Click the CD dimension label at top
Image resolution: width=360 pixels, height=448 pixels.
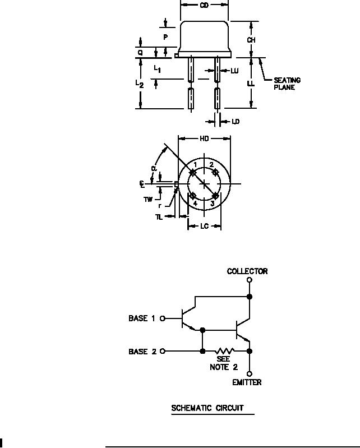(x=205, y=6)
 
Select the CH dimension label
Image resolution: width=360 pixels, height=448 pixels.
(x=252, y=40)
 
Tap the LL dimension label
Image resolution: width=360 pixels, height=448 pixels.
(x=252, y=83)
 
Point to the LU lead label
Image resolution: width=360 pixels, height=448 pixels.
(x=234, y=71)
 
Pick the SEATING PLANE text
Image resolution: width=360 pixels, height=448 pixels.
(x=287, y=84)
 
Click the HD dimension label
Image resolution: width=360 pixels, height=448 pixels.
(x=205, y=138)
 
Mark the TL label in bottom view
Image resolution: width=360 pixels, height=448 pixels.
(x=159, y=216)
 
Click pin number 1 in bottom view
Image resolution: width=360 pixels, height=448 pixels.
(x=195, y=164)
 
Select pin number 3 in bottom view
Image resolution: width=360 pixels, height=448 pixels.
(x=212, y=204)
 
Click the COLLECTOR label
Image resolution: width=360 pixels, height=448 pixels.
(x=247, y=271)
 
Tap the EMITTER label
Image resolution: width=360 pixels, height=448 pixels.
(x=247, y=382)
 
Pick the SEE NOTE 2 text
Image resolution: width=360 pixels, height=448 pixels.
(x=219, y=363)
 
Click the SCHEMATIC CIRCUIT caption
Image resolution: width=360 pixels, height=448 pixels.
(x=207, y=408)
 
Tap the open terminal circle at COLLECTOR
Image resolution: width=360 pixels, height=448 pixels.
(x=249, y=280)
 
